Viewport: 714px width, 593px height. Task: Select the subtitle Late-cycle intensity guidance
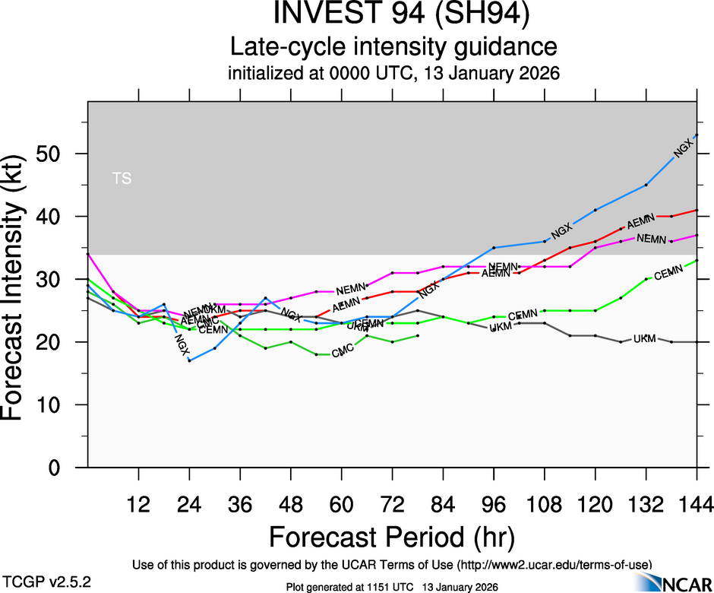[393, 47]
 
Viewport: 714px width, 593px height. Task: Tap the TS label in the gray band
[122, 179]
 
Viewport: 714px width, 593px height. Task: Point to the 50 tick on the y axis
[61, 154]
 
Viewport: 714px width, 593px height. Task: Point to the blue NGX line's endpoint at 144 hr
[697, 135]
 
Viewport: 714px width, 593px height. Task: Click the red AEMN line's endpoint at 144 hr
[697, 210]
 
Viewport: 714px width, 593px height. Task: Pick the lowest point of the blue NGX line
[189, 360]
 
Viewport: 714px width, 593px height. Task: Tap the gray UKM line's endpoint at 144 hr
[697, 342]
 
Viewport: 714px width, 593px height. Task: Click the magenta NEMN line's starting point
[88, 254]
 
